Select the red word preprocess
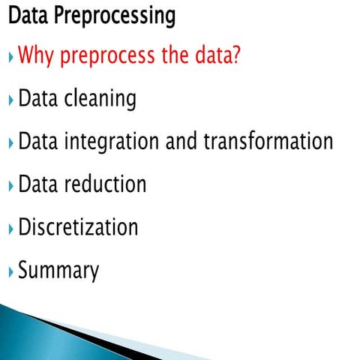click(105, 57)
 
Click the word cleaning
click(100, 99)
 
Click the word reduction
click(104, 184)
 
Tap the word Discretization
click(78, 226)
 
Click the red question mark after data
click(236, 55)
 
